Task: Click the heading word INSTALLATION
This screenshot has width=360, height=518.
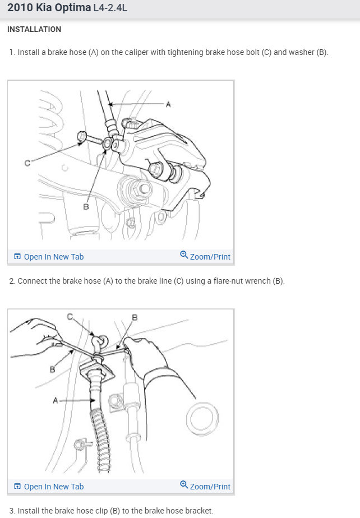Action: [x=34, y=29]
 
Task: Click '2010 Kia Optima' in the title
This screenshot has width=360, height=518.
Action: [x=49, y=8]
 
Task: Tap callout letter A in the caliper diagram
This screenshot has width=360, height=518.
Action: [x=168, y=104]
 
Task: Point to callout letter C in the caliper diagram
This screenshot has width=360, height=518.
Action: [x=27, y=163]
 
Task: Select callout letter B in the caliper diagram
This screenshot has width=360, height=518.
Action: [x=86, y=207]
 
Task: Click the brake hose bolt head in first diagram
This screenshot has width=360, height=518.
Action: [x=81, y=136]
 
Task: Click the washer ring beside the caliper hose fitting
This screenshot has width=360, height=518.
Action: [x=108, y=144]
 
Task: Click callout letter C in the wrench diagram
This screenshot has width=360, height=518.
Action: [x=70, y=317]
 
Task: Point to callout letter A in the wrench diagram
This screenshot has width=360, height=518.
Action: [x=55, y=400]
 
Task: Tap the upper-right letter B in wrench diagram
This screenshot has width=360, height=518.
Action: [x=135, y=317]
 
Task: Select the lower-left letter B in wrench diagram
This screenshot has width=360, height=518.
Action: [x=52, y=369]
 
